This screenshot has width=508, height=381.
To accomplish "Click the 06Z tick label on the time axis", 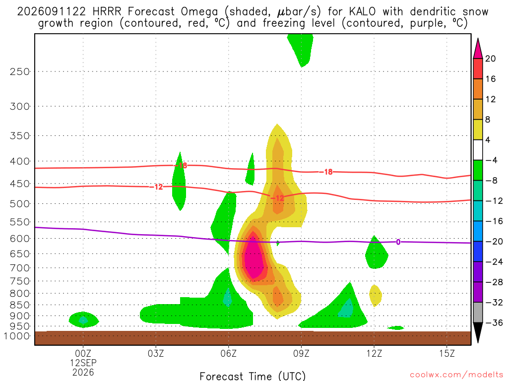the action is click(x=228, y=353).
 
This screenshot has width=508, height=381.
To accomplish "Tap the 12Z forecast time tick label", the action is click(x=374, y=353).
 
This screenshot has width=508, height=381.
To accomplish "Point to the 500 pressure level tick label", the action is click(x=20, y=204).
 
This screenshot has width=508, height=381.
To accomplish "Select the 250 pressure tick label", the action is click(x=20, y=71).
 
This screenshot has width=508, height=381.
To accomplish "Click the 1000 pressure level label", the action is click(x=17, y=336).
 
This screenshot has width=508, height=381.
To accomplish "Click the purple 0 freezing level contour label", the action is click(x=398, y=242).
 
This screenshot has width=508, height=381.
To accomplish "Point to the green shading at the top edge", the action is click(x=301, y=48).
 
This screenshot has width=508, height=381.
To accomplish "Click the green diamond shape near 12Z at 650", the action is click(x=376, y=253).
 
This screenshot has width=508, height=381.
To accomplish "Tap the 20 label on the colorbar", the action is click(x=491, y=59).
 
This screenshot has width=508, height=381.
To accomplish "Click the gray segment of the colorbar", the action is click(x=478, y=313).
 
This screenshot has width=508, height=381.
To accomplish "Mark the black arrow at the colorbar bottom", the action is click(x=478, y=332).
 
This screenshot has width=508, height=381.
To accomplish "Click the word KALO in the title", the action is click(x=362, y=12).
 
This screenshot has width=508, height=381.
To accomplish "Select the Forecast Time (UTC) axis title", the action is click(x=253, y=376).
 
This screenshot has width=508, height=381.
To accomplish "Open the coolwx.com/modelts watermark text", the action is click(x=456, y=375).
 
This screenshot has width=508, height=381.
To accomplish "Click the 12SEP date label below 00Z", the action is click(x=83, y=363).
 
